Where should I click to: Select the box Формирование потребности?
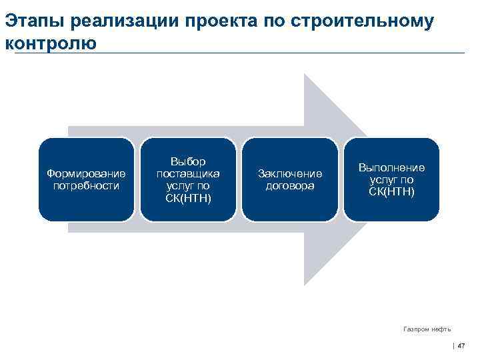pos(86,179)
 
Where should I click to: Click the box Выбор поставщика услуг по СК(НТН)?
pos(188,179)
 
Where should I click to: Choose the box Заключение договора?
pos(289,179)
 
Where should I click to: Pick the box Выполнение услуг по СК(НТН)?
pos(391,179)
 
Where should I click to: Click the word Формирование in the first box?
pos(86,173)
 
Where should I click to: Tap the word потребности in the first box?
pos(86,185)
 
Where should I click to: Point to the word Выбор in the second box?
pos(188,161)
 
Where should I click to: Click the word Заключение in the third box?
pos(289,173)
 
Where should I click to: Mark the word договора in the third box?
pos(289,186)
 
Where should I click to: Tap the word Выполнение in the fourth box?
pos(391,168)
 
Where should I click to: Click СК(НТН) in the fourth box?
pos(391,192)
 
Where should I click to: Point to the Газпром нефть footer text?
pos(427,329)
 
